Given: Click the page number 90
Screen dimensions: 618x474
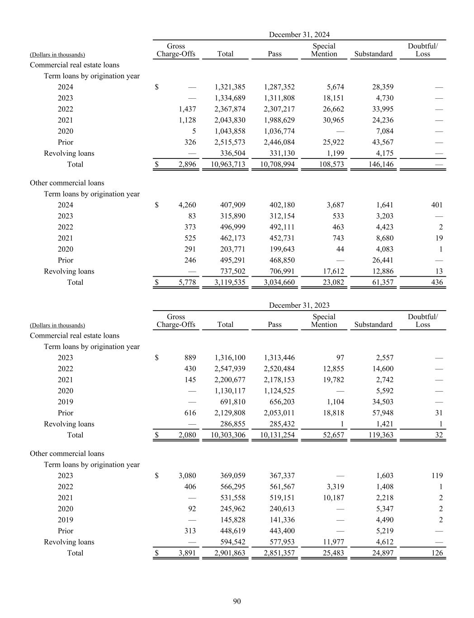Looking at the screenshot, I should [237, 601].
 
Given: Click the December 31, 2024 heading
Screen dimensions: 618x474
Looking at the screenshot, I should [299, 34].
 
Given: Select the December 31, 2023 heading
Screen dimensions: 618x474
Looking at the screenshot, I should [299, 305].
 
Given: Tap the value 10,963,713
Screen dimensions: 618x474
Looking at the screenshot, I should [228, 164].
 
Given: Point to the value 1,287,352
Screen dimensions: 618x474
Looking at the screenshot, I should [279, 87].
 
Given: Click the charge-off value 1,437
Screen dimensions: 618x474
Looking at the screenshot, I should [187, 109].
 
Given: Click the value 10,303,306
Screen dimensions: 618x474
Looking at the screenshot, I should [228, 435].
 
